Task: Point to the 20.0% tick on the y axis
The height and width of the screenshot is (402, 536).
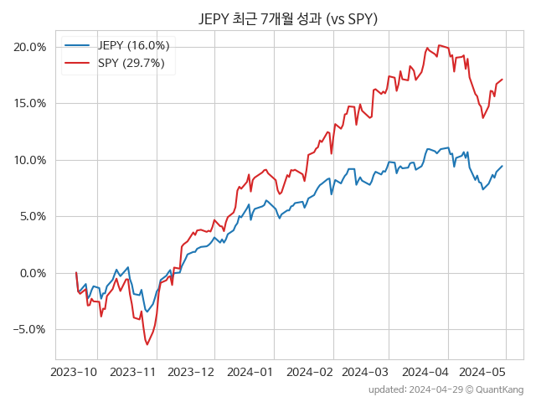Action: coord(30,47)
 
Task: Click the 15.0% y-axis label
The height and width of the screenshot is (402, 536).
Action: coord(30,104)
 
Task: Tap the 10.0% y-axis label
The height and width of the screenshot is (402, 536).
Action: coord(30,160)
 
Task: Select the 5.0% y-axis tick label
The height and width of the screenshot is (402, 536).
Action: coord(33,216)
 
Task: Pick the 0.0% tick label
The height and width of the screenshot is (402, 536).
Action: coord(33,273)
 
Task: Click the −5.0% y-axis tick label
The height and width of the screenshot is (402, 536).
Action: coord(29,329)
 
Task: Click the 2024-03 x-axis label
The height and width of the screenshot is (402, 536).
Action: coord(364,371)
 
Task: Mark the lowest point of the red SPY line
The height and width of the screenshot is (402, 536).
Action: coord(147,344)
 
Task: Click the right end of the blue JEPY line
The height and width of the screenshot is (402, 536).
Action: coord(502,166)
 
